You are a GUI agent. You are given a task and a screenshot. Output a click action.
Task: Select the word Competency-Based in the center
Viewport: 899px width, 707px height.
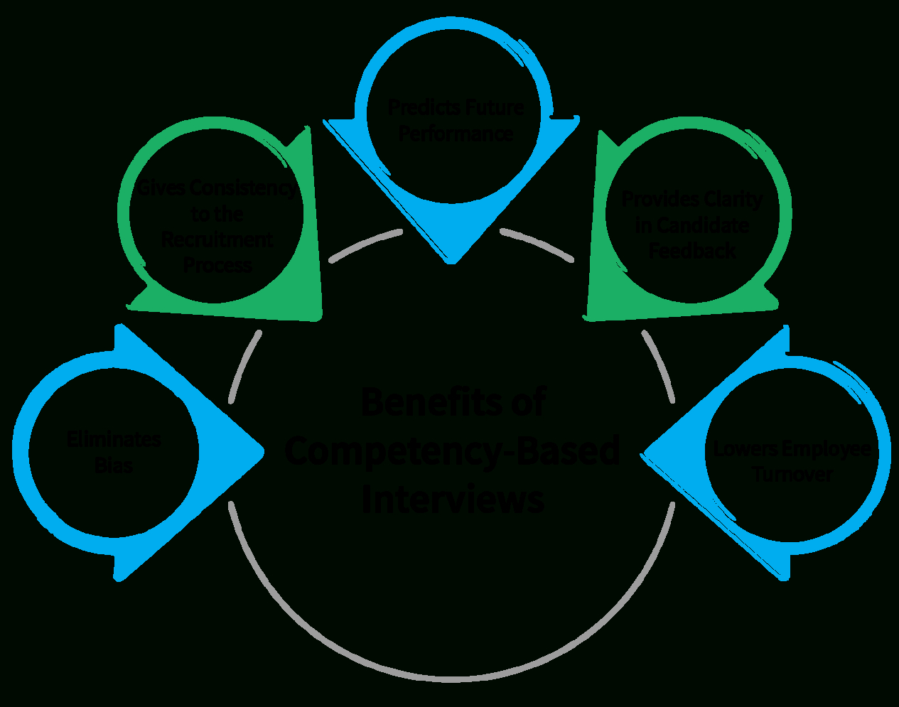(452, 450)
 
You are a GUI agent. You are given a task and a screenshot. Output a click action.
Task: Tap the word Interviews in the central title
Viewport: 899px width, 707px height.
(453, 499)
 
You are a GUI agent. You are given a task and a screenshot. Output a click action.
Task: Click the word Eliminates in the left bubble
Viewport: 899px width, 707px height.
(114, 440)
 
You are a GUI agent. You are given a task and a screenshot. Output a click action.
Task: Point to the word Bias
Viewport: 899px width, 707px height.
(114, 466)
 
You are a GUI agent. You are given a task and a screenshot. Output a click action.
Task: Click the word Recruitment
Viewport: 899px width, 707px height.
(217, 240)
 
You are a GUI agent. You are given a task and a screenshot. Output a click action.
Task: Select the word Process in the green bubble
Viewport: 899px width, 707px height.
(217, 266)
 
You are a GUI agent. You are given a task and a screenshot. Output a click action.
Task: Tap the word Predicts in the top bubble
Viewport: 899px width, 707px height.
(420, 108)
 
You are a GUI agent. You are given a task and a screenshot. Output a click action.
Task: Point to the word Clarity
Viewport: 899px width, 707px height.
(732, 200)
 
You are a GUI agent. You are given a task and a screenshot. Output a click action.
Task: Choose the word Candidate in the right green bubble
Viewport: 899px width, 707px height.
(703, 226)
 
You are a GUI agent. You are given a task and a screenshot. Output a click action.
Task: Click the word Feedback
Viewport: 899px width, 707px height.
(692, 252)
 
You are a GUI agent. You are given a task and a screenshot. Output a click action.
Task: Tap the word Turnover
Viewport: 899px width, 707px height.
(792, 475)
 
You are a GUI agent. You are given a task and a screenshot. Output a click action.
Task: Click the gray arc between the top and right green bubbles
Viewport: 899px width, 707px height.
(537, 244)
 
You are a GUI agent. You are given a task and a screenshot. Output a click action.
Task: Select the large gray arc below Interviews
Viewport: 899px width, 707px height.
(452, 679)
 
